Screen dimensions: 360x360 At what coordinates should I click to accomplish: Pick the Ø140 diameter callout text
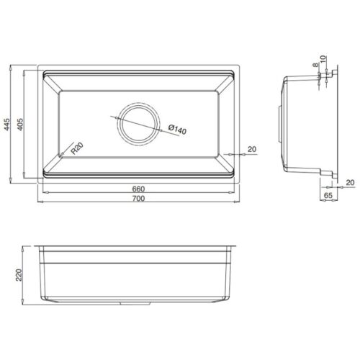[176, 130]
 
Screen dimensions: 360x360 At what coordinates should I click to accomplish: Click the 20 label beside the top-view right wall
[251, 150]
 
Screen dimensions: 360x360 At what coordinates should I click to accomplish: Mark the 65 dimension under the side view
[328, 195]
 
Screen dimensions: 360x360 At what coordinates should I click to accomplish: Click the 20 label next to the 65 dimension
[349, 182]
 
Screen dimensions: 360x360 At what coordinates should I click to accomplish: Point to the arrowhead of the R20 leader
[63, 156]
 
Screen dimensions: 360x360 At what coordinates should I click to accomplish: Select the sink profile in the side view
[302, 122]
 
